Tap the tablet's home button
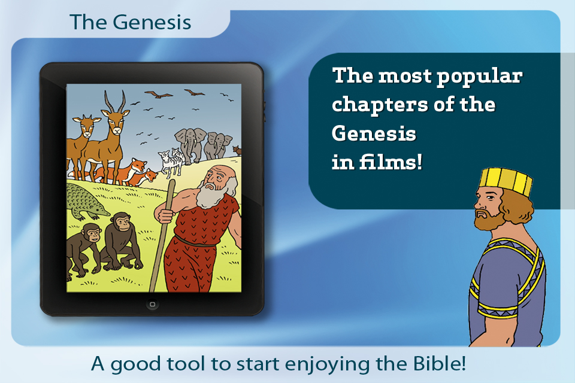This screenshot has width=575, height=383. [x=152, y=304]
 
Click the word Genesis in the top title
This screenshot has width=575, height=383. [x=152, y=22]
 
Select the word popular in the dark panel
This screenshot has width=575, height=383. [x=480, y=77]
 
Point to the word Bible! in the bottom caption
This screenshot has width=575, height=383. [x=440, y=363]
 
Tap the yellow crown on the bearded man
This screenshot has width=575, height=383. [x=507, y=180]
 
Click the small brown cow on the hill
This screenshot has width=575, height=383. [x=237, y=150]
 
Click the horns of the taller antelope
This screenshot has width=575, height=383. [x=115, y=101]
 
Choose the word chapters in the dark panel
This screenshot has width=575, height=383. [x=380, y=105]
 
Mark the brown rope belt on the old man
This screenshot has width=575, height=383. [x=195, y=242]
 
